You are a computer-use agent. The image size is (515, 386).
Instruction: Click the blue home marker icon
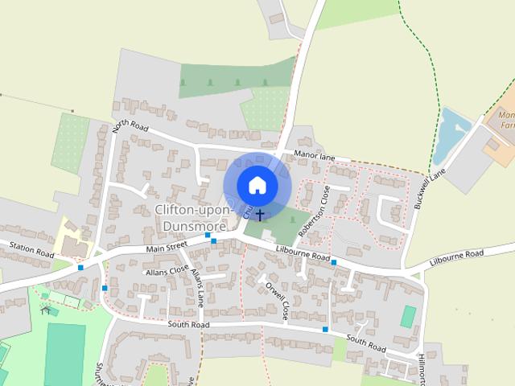click(x=257, y=185)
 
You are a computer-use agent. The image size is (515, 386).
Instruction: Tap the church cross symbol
click(x=259, y=215)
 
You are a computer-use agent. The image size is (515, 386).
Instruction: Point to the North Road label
click(x=132, y=127)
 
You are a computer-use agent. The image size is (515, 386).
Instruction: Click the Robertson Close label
click(x=314, y=211)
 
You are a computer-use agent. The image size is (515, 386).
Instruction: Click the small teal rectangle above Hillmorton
click(x=409, y=315)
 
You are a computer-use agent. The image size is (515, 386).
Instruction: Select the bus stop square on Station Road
click(x=80, y=267)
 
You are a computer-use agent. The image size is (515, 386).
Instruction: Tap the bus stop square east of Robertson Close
click(x=333, y=263)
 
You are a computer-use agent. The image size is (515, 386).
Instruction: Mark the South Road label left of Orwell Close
click(x=188, y=324)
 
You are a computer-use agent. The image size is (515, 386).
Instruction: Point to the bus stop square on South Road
click(x=324, y=330)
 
